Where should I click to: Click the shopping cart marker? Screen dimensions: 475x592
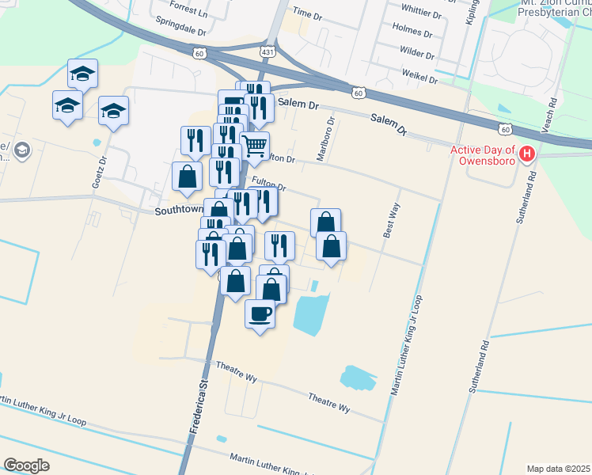pyautogui.click(x=255, y=146)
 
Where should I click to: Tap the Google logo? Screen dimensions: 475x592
pyautogui.click(x=26, y=465)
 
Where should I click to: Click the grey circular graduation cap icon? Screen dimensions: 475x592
pyautogui.click(x=22, y=149)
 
